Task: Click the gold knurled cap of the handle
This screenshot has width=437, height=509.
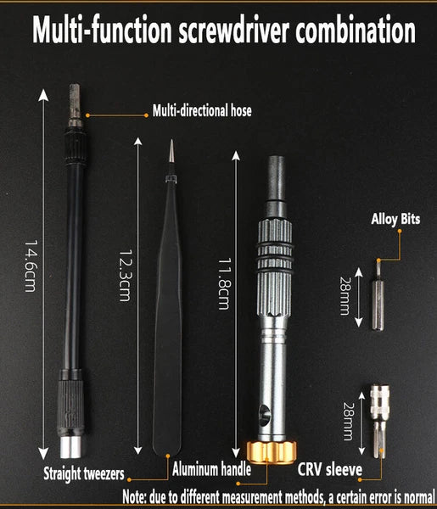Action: (272, 452)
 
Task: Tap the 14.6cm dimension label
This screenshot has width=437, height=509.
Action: (31, 266)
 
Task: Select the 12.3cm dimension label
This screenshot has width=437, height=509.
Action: (126, 275)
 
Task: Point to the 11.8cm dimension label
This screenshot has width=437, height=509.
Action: (224, 283)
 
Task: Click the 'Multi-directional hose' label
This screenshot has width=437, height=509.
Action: (202, 110)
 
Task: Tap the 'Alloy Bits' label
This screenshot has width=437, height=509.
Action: (395, 219)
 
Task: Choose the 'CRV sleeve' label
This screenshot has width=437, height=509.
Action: (330, 469)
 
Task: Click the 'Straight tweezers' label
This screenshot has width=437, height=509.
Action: (84, 473)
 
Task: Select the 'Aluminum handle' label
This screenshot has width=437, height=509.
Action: (211, 469)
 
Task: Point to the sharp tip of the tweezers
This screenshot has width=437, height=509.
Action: (171, 140)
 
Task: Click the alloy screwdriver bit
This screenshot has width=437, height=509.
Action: (378, 295)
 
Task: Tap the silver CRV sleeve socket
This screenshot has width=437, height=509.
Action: (379, 421)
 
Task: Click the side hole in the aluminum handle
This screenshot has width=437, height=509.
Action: (265, 415)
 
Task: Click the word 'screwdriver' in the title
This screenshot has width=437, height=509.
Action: (233, 31)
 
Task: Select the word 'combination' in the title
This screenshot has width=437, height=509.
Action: (356, 30)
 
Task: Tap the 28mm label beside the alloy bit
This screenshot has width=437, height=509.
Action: (345, 296)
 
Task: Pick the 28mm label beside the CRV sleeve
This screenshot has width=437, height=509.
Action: (348, 422)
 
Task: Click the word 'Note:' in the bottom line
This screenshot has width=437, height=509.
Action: (134, 496)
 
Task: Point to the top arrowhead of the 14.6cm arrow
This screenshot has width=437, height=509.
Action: (43, 95)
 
